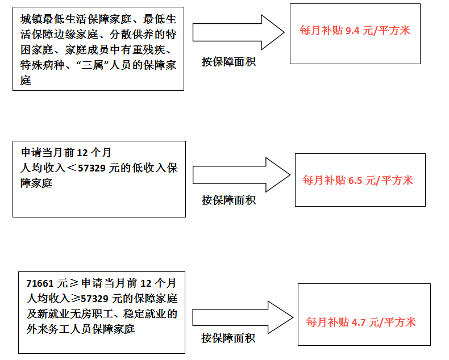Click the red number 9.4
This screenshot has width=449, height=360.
coord(352,31)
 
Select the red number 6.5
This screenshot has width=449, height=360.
coord(355,181)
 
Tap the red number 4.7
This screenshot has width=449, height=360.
coord(359,323)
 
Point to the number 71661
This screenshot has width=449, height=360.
coord(40,283)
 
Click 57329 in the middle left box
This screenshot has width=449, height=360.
coord(92,168)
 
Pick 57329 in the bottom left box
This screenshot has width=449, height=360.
coord(94,299)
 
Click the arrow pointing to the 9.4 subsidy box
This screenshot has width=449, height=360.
coord(238,32)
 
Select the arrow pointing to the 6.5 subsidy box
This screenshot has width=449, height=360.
coord(242,174)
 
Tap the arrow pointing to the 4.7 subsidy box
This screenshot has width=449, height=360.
coord(243,317)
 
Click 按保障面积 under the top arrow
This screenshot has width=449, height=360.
coord(228,61)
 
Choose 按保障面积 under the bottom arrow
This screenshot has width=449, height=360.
coord(228,338)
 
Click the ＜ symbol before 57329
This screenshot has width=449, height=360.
coord(72,168)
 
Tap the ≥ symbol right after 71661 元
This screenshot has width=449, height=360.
coord(74,283)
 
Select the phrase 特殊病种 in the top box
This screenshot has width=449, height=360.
coord(42,65)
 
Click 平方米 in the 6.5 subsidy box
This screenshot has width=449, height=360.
coord(397,181)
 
